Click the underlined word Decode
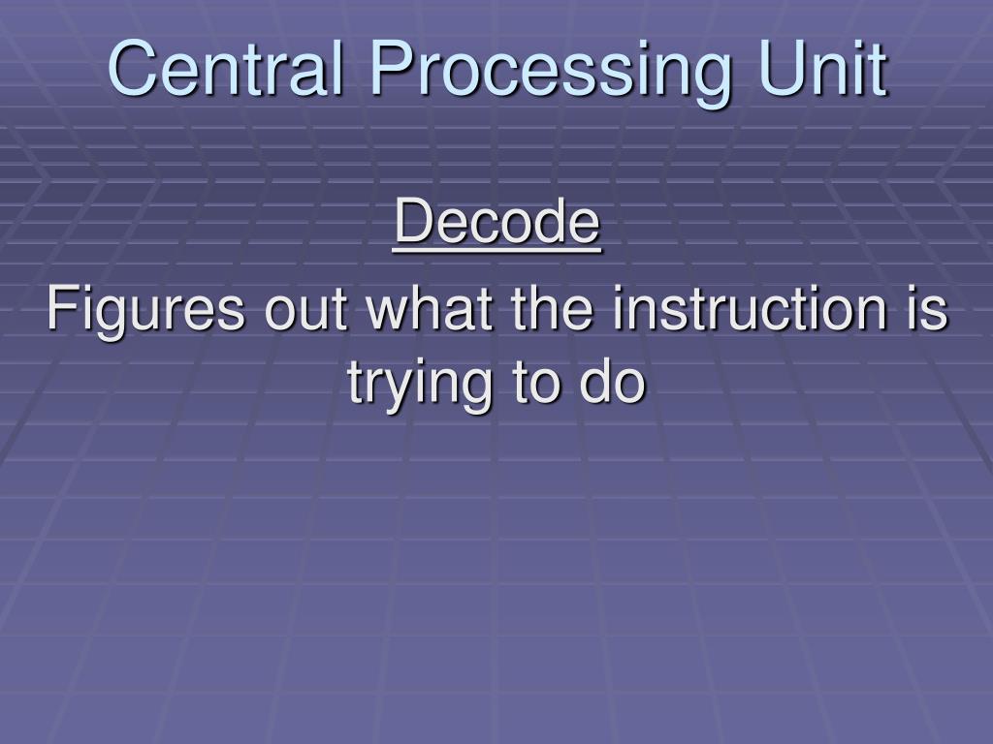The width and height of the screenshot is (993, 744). pyautogui.click(x=496, y=223)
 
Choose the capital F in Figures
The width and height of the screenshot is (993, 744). pyautogui.click(x=59, y=310)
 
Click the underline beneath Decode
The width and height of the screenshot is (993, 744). pyautogui.click(x=496, y=250)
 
